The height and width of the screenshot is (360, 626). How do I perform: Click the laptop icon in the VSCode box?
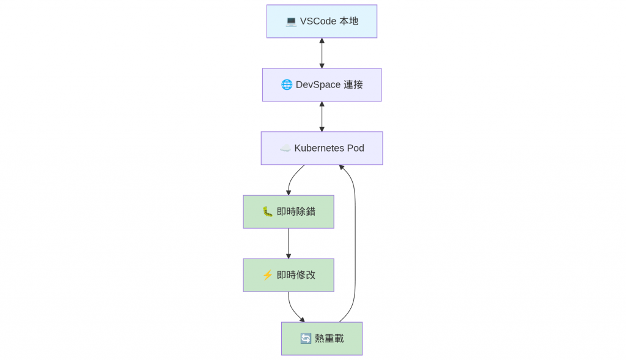tap(291, 21)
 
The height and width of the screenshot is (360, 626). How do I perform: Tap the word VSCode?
tap(318, 21)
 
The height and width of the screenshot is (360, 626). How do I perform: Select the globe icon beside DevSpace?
tap(287, 84)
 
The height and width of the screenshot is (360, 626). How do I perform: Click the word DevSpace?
tap(318, 84)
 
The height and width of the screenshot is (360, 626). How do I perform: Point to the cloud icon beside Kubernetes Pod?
tap(285, 149)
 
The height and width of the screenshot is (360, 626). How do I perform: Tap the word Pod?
tap(355, 148)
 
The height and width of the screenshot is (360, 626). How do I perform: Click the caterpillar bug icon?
tap(268, 211)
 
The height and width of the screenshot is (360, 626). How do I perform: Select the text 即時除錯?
tap(296, 211)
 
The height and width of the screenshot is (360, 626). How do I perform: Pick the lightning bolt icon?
tap(268, 275)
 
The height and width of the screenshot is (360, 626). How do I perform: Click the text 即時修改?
tap(296, 275)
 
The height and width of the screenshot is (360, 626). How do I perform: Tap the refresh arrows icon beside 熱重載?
tap(306, 339)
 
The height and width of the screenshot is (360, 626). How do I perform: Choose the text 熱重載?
tap(330, 339)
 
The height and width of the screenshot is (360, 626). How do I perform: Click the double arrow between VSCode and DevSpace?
tap(322, 53)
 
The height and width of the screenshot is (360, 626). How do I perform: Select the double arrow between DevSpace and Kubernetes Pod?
tap(322, 117)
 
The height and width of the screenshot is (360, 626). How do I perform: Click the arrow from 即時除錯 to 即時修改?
tap(289, 243)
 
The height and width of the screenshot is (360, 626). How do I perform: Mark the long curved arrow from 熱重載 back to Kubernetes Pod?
tap(355, 243)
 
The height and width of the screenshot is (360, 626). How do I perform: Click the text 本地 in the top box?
tap(349, 21)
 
